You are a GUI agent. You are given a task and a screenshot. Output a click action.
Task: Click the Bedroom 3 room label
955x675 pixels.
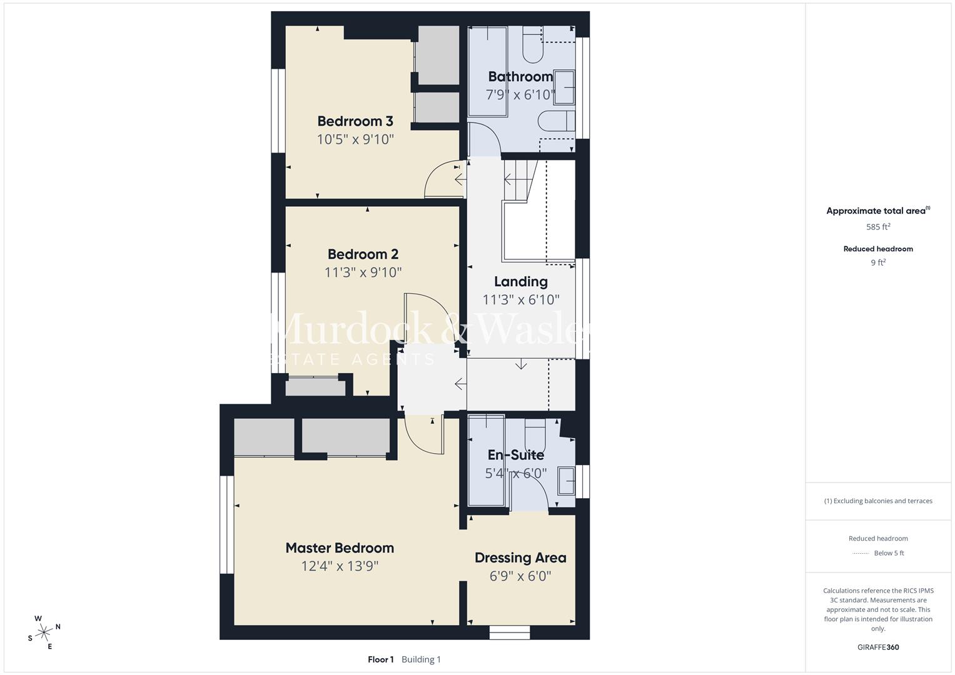[x=355, y=121]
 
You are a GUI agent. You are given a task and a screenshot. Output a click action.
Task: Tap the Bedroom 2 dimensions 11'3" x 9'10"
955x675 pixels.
[x=363, y=272]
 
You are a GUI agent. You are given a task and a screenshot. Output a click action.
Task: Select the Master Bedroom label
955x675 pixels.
[x=340, y=548]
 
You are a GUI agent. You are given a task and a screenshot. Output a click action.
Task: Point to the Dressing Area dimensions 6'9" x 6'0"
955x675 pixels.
[x=520, y=576]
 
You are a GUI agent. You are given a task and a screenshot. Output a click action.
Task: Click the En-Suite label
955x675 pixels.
[x=515, y=455]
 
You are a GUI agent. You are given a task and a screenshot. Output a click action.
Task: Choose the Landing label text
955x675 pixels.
[x=520, y=282]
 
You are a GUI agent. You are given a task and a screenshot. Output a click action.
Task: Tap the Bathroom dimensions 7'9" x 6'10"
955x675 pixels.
[x=520, y=95]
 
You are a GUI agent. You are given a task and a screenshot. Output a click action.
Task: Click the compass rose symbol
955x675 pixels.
[x=44, y=632]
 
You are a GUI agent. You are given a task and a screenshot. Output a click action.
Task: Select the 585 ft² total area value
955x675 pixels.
[x=877, y=227]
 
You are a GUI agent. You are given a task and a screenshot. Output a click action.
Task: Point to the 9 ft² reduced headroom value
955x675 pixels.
[x=877, y=262]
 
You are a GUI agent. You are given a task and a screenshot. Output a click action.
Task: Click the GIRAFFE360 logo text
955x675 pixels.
[x=877, y=647]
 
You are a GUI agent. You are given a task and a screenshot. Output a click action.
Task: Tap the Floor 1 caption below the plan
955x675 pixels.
[x=380, y=659]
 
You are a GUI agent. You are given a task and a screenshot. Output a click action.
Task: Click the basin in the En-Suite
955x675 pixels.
[x=567, y=480]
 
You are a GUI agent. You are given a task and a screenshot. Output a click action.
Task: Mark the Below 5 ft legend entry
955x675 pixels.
[x=888, y=553]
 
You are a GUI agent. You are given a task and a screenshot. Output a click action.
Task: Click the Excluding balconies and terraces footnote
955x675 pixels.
[x=877, y=501]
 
